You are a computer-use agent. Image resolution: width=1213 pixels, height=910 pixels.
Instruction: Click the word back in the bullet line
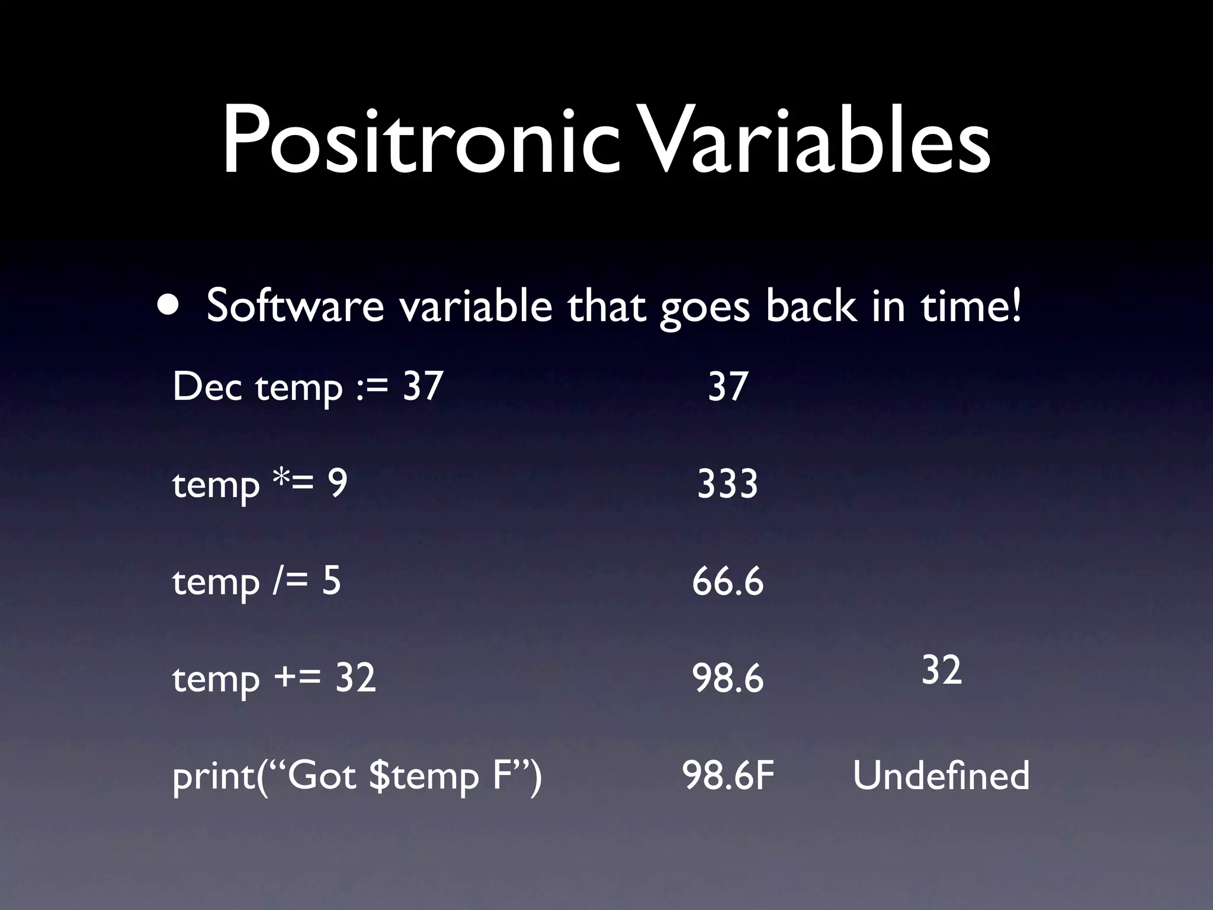point(810,306)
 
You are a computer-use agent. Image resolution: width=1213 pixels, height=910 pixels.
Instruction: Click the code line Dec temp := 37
point(308,386)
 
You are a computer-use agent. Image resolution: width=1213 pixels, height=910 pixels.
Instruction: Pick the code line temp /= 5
point(256,581)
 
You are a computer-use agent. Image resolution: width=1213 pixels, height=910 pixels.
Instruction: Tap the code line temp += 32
point(274,678)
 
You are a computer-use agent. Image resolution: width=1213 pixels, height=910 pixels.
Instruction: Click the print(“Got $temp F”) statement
point(357,776)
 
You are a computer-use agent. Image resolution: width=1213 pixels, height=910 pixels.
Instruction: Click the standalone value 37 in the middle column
point(727,386)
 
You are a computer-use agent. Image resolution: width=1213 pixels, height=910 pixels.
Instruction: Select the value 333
point(727,483)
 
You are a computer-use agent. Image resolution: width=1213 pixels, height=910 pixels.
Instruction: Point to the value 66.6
point(727,581)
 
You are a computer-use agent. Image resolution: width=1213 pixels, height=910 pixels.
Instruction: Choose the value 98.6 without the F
point(727,678)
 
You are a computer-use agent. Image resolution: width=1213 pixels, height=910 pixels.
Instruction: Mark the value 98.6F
point(728,776)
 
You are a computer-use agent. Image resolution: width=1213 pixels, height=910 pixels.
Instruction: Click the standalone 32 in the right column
point(941,670)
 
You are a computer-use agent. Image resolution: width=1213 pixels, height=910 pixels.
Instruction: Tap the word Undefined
point(941,776)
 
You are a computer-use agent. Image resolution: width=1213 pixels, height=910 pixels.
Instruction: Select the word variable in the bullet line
point(476,306)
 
